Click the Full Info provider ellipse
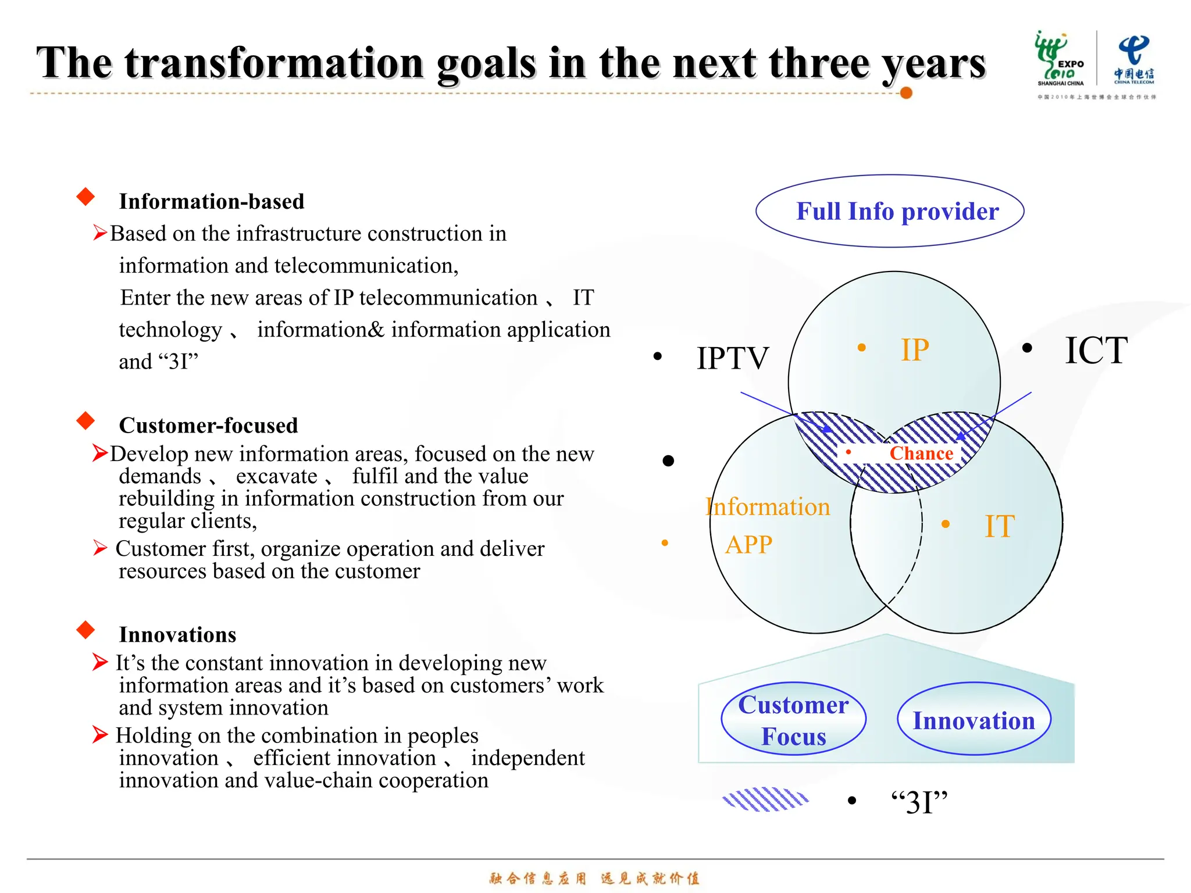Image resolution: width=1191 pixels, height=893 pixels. pyautogui.click(x=890, y=211)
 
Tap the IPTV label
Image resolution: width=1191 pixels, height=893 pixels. pyautogui.click(x=733, y=358)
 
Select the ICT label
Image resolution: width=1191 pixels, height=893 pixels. pyautogui.click(x=1096, y=350)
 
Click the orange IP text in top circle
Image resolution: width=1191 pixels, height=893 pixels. pyautogui.click(x=915, y=350)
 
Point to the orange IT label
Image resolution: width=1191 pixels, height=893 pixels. pyautogui.click(x=999, y=526)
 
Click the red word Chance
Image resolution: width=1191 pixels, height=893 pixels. pyautogui.click(x=921, y=453)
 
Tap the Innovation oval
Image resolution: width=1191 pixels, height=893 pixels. pyautogui.click(x=974, y=720)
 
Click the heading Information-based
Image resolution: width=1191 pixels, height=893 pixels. pyautogui.click(x=212, y=202)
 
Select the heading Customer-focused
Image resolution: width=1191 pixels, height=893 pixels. pyautogui.click(x=208, y=426)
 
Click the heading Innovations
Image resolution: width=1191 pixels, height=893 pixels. pyautogui.click(x=177, y=635)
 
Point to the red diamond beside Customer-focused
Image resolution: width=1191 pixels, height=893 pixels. pyautogui.click(x=85, y=420)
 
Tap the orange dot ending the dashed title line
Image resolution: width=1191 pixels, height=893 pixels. pyautogui.click(x=905, y=93)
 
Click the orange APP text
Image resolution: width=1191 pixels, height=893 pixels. pyautogui.click(x=748, y=545)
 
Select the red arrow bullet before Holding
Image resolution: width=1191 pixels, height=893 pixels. pyautogui.click(x=100, y=734)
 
